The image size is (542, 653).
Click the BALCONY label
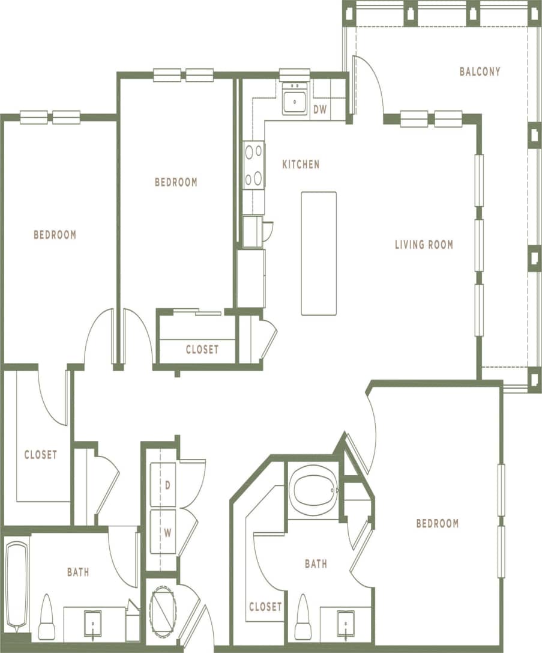coord(480,71)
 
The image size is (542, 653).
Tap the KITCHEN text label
coord(301,164)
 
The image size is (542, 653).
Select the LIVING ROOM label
coord(424,244)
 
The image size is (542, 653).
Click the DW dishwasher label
coord(320,109)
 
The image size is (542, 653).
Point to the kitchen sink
coord(295,99)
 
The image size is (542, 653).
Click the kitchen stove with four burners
coord(254,165)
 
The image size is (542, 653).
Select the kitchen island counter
coord(319,253)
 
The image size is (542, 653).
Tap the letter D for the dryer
coord(167,485)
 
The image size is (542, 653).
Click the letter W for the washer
coord(168,532)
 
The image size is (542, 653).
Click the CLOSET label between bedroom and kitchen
coord(202,350)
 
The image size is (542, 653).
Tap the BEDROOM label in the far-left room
coord(55,235)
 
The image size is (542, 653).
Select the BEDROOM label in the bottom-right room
coord(437,523)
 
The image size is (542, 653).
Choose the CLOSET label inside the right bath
coord(265,607)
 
